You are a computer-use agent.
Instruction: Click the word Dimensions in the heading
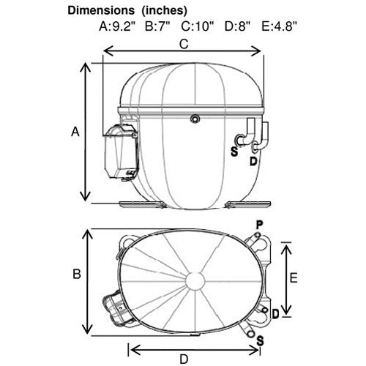(101, 10)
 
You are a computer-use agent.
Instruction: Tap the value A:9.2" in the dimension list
(117, 26)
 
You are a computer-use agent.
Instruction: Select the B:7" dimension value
(157, 26)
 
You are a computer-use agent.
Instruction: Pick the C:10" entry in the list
(198, 26)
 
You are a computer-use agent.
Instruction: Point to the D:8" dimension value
(237, 26)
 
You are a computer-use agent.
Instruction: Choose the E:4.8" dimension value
(280, 26)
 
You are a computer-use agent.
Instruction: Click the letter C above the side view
(184, 44)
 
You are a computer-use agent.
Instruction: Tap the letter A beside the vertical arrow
(75, 132)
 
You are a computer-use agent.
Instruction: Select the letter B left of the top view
(77, 274)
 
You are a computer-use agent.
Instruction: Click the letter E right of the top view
(294, 278)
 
